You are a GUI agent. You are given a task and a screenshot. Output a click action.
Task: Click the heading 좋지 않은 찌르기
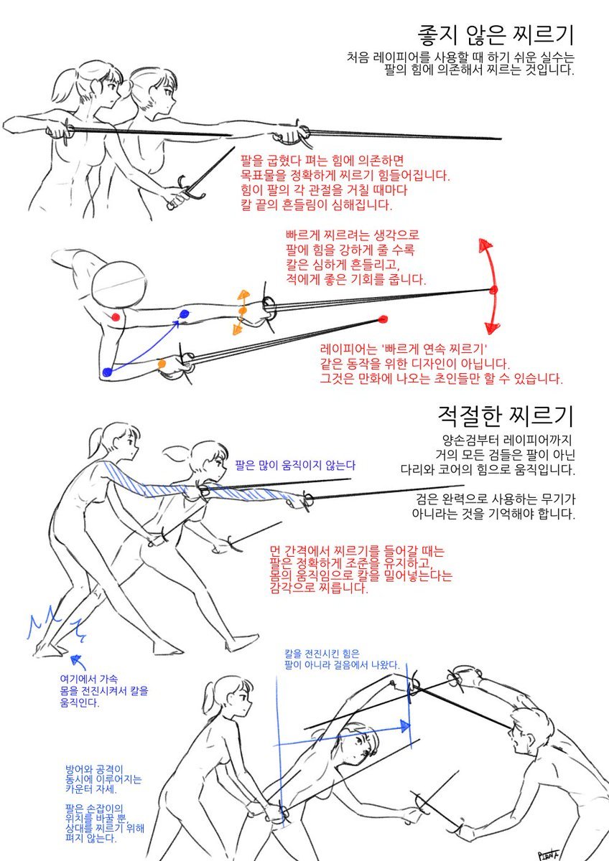[x=496, y=34]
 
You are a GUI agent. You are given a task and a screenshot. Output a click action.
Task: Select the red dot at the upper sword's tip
[x=493, y=290]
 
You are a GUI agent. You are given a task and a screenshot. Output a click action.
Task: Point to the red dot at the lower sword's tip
[x=382, y=319]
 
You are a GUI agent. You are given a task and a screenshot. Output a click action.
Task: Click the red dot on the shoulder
[x=116, y=316]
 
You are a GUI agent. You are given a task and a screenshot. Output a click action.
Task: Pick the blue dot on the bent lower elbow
[x=108, y=372]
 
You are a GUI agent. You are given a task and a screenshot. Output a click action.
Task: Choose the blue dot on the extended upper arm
[x=184, y=314]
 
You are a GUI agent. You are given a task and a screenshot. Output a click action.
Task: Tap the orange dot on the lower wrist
[x=162, y=364]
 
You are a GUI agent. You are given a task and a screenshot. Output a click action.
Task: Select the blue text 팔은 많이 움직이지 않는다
[x=294, y=465]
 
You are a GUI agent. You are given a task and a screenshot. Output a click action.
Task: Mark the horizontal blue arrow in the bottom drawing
[x=345, y=729]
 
